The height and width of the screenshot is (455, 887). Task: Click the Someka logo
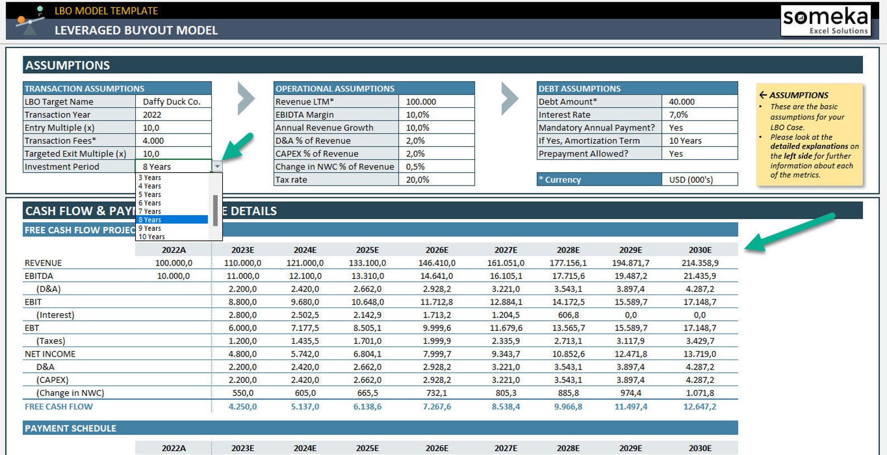(826, 21)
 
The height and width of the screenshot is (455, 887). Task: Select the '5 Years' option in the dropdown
(150, 195)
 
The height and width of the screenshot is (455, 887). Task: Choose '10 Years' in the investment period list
(151, 236)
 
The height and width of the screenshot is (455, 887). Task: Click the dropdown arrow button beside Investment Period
(217, 167)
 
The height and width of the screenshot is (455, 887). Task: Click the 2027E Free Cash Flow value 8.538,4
(506, 406)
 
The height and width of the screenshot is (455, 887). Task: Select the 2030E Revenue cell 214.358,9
(700, 263)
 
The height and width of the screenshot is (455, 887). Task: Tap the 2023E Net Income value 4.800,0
(242, 354)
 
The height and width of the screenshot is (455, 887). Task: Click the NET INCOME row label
(50, 354)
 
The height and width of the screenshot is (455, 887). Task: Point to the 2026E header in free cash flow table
(437, 250)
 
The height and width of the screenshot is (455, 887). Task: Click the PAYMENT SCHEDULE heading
(70, 428)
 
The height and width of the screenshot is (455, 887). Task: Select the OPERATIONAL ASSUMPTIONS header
(335, 88)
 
